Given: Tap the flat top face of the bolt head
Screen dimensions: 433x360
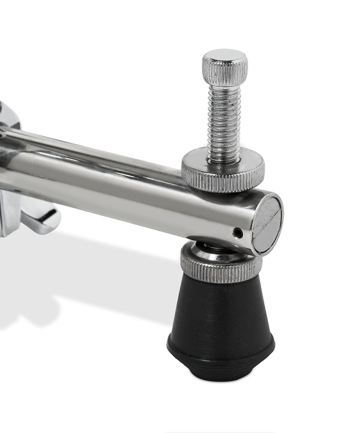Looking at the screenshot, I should point(224,56).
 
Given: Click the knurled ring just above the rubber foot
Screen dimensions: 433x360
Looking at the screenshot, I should point(221,268).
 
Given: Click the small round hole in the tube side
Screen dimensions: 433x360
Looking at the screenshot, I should point(238,232).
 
